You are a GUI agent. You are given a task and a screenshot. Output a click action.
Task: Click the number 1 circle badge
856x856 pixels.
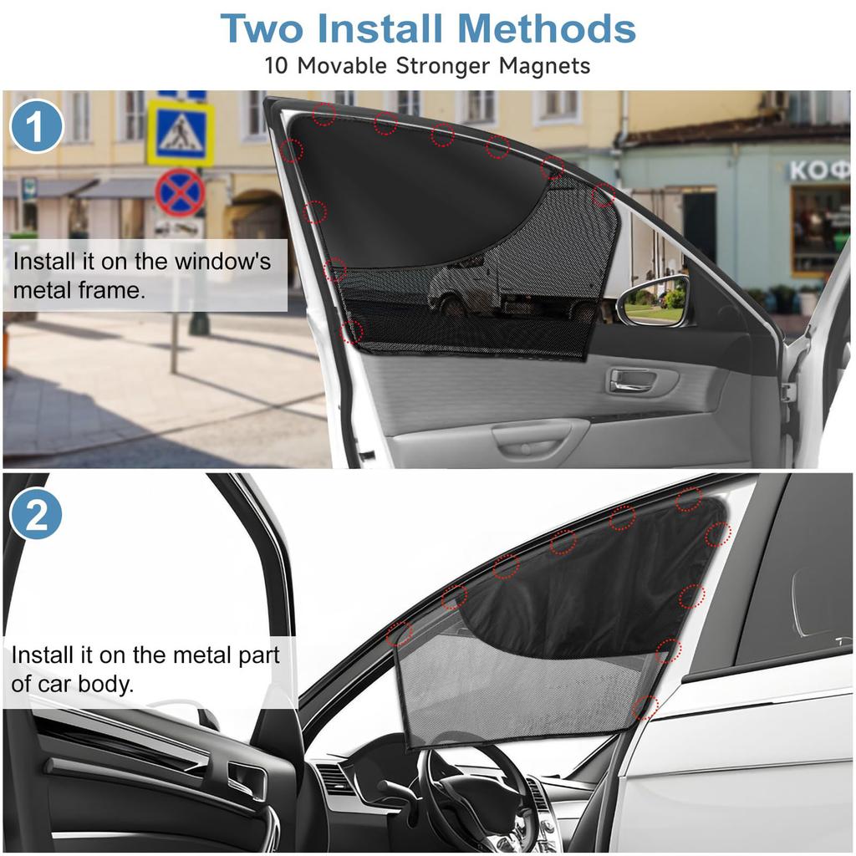click(x=37, y=125)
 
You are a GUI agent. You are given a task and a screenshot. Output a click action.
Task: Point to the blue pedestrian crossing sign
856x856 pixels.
click(x=181, y=133)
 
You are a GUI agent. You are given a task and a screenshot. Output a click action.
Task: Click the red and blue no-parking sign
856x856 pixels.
click(x=180, y=192)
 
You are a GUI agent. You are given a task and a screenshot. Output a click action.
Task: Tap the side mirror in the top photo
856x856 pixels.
click(x=655, y=301)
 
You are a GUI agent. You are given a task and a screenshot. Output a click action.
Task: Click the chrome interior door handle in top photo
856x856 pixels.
click(x=634, y=380)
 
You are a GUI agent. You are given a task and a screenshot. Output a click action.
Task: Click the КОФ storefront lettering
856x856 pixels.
click(x=819, y=171)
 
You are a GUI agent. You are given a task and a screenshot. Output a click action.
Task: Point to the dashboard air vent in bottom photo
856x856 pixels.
click(x=335, y=777)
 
